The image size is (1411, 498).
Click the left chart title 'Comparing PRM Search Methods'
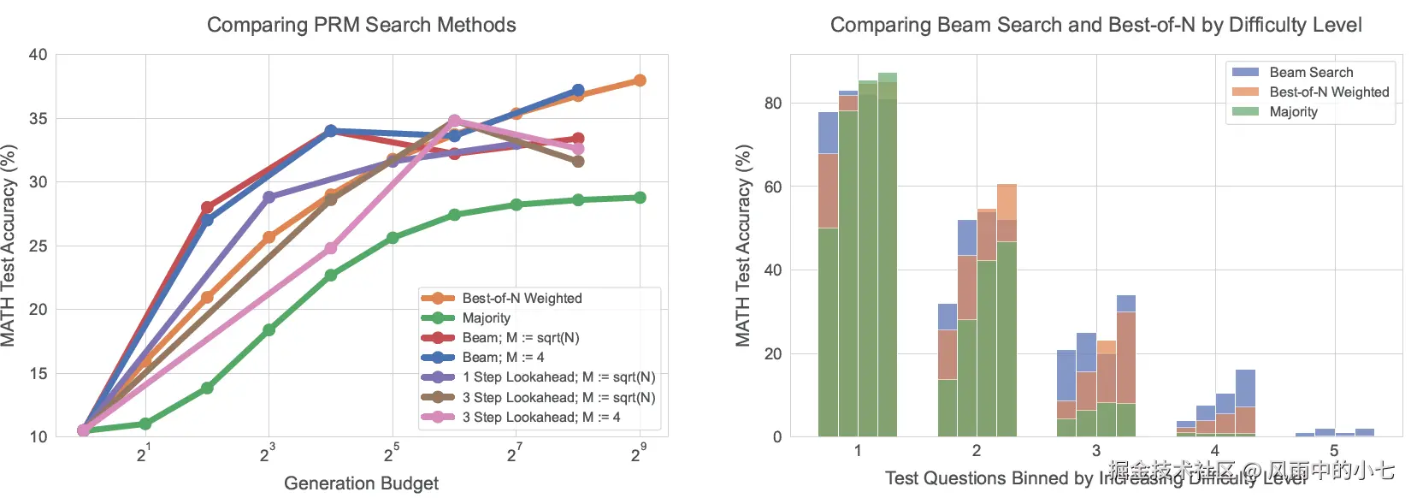pyautogui.click(x=361, y=25)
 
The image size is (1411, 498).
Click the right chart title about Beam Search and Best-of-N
pyautogui.click(x=1095, y=25)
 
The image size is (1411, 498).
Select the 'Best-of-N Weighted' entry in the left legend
pyautogui.click(x=522, y=298)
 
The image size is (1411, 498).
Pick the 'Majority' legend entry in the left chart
pyautogui.click(x=486, y=317)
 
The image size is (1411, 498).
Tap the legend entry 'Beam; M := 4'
pyautogui.click(x=503, y=357)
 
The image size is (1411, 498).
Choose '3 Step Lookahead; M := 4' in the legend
pyautogui.click(x=540, y=417)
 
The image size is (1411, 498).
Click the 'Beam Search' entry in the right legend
pyautogui.click(x=1310, y=73)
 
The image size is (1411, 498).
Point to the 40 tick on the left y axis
pyautogui.click(x=38, y=55)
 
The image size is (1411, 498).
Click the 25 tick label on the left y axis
pyautogui.click(x=38, y=246)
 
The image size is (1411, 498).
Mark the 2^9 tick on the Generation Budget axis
pyautogui.click(x=639, y=454)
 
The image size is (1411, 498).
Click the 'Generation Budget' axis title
pyautogui.click(x=361, y=483)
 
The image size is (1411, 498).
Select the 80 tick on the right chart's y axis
pyautogui.click(x=773, y=103)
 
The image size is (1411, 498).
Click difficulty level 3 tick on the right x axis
pyautogui.click(x=1095, y=450)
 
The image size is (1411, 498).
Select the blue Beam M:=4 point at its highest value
pyautogui.click(x=578, y=90)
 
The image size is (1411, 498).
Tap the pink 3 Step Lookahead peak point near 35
pyautogui.click(x=454, y=121)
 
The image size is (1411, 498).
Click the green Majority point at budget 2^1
pyautogui.click(x=145, y=424)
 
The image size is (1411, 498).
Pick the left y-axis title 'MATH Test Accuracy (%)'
pyautogui.click(x=9, y=246)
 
